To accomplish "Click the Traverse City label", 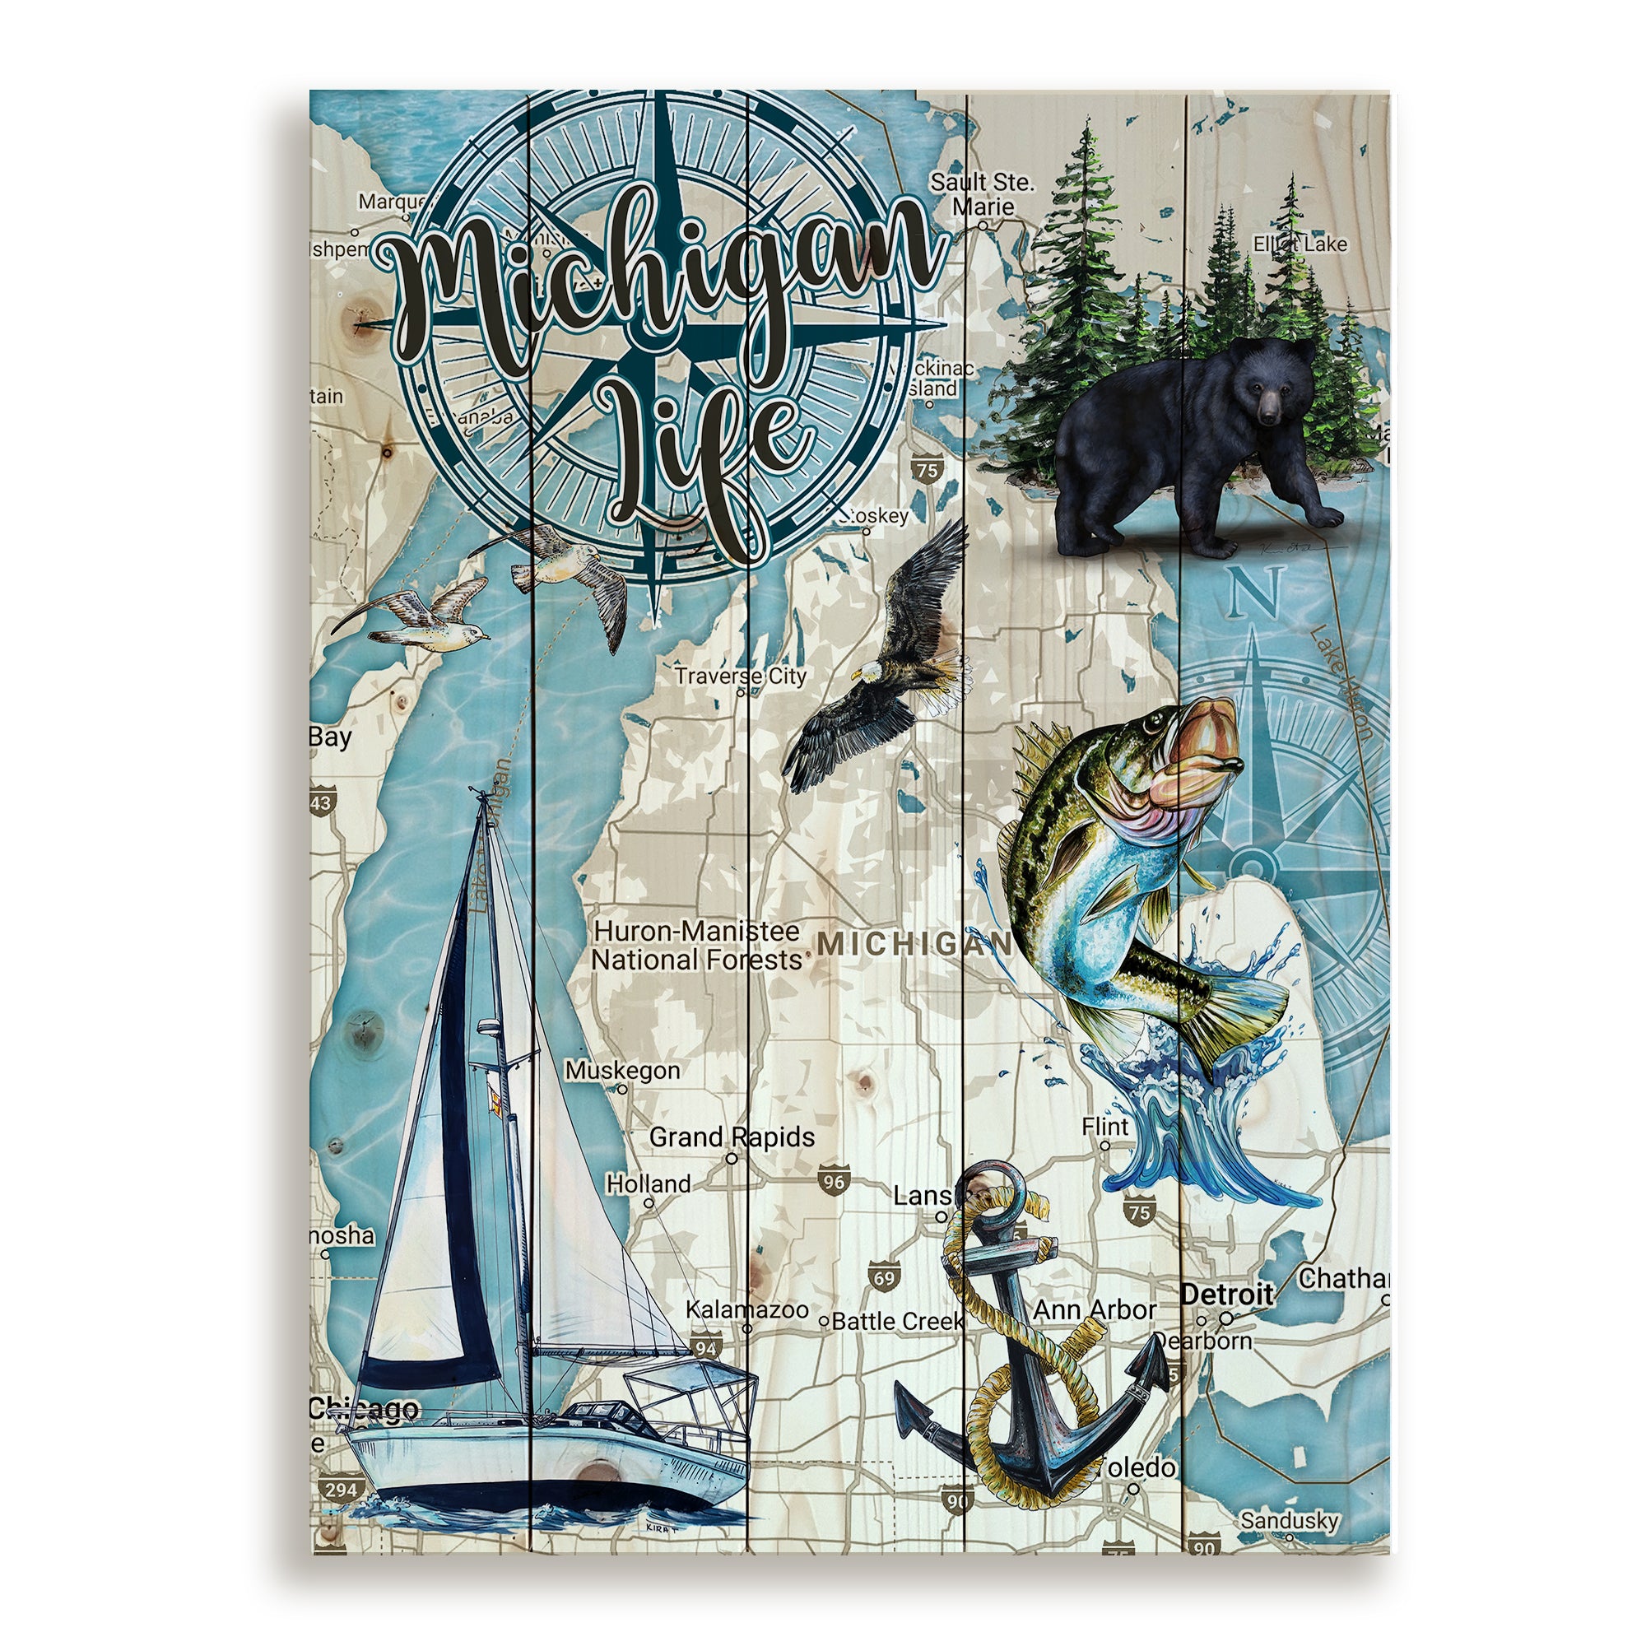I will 740,677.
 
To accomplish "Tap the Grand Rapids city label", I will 731,1137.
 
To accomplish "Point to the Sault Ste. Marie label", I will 983,194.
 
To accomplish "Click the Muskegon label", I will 623,1070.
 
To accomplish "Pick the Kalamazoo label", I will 747,1309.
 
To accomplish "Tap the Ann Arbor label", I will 1094,1309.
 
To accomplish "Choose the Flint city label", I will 1105,1127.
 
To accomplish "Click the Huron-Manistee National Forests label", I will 697,946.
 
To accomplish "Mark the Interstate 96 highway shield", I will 833,1182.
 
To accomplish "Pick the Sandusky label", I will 1289,1520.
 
